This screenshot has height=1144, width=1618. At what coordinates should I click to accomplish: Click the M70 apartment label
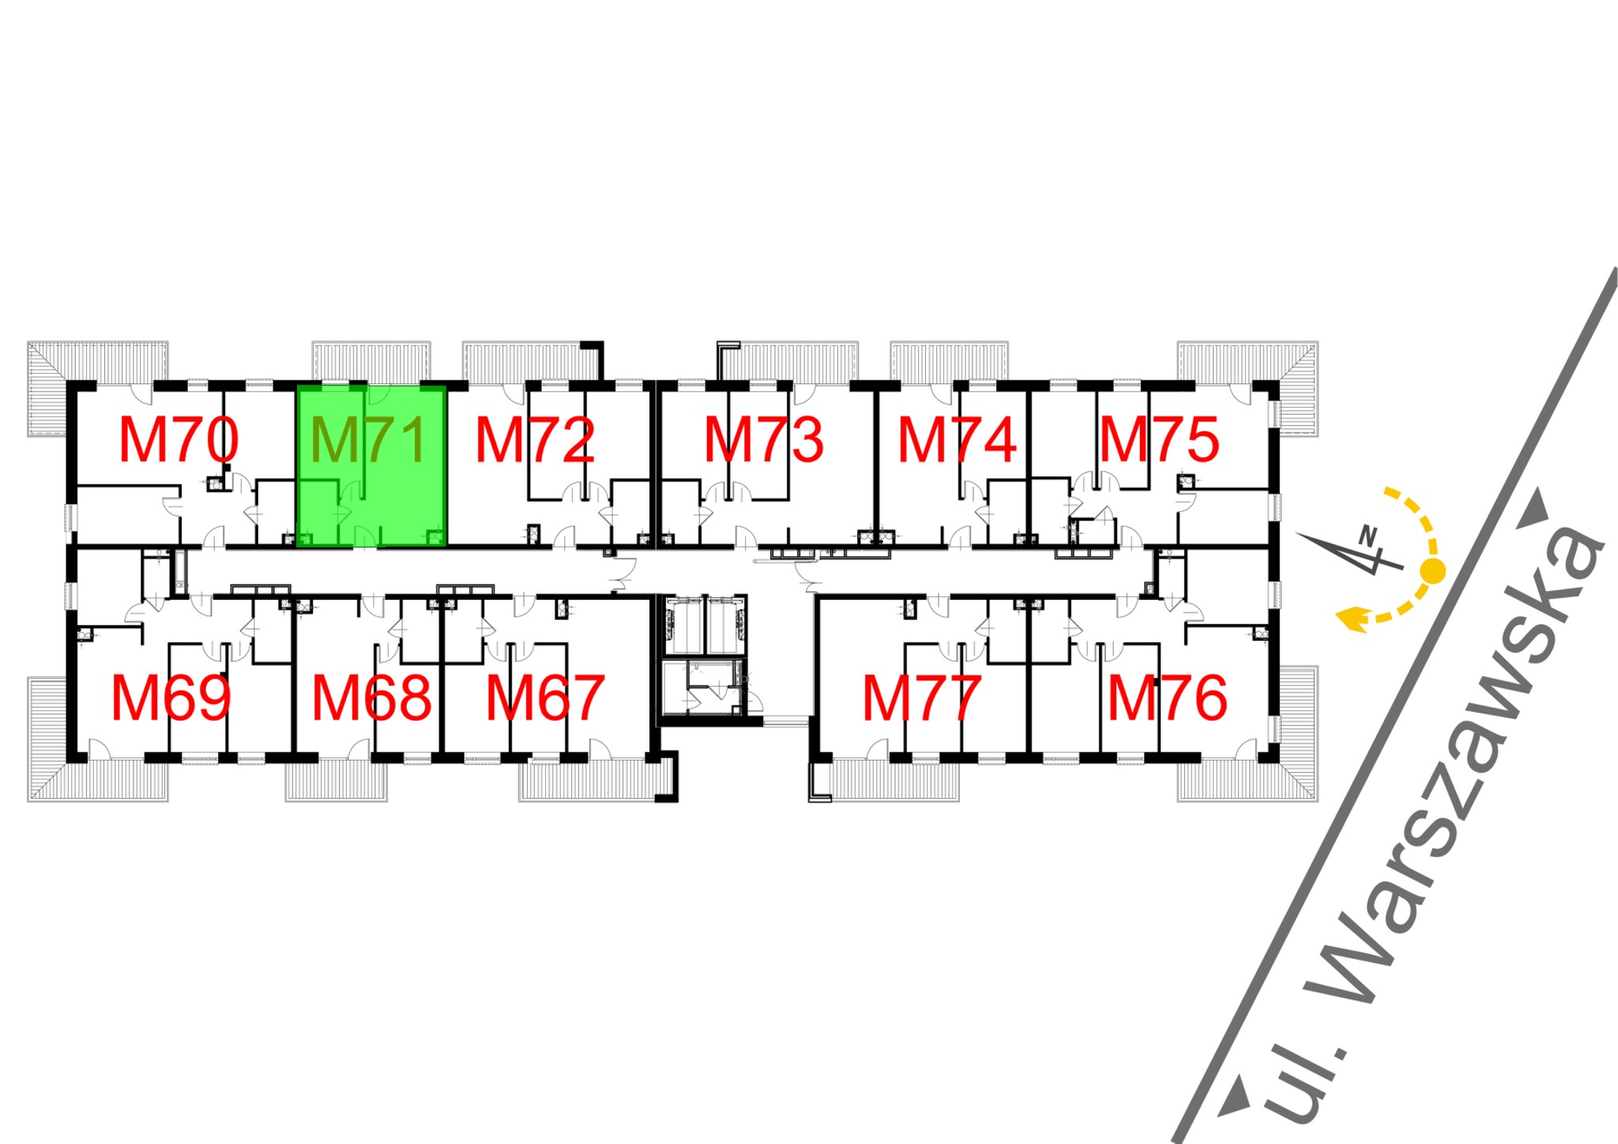pos(179,440)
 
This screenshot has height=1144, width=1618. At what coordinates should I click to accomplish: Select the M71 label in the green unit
pos(369,440)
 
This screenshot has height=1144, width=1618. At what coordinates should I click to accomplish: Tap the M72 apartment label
pos(535,440)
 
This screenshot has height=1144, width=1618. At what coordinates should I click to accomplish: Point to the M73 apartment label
pos(764,440)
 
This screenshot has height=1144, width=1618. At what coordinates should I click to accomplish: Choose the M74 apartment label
pos(958,440)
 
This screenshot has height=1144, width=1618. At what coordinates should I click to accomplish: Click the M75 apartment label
pos(1160,440)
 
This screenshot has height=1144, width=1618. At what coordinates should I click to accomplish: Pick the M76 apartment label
pos(1168,698)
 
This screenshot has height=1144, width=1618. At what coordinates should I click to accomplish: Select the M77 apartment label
pos(922,698)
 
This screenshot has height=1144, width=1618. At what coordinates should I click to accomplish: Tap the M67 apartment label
pos(545,698)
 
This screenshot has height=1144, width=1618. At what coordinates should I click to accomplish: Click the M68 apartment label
pos(372,698)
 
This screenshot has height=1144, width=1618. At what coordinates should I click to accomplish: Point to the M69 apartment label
pos(171,698)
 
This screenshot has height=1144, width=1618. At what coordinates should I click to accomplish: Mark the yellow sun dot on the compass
pos(1432,570)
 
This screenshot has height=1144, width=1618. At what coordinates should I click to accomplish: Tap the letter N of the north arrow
pos(1368,535)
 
